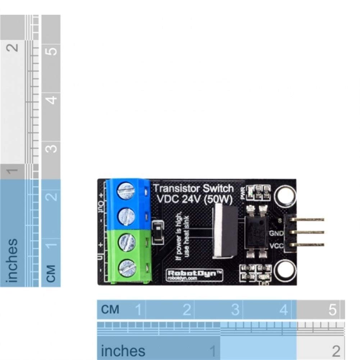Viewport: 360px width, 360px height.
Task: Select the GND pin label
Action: [276, 233]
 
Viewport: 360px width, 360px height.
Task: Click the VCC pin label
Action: [276, 246]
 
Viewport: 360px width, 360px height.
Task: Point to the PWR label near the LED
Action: [243, 194]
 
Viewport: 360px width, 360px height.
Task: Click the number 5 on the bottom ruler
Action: [332, 309]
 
